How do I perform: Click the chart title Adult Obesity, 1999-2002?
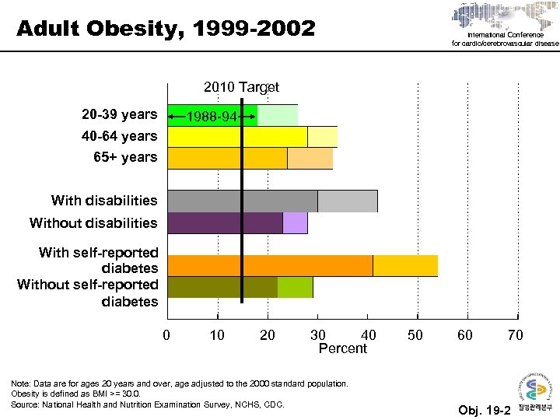pos(166,30)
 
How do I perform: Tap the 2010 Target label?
pos(241,87)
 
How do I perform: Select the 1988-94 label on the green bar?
pos(212,117)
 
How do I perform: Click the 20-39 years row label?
pos(119,115)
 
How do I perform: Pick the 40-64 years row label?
pos(119,136)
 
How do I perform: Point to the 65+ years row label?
pos(124,157)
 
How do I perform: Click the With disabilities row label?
pos(104,201)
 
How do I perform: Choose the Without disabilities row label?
pos(93,223)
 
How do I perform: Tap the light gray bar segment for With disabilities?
pos(347,201)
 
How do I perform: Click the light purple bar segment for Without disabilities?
pos(295,223)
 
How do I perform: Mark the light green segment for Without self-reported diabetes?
pos(295,287)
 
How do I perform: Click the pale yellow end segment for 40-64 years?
pos(322,137)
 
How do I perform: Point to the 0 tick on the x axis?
pos(166,335)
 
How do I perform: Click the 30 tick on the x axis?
pos(317,335)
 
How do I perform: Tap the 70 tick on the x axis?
pos(515,335)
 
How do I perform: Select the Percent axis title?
pos(342,348)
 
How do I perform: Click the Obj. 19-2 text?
pos(484,410)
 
